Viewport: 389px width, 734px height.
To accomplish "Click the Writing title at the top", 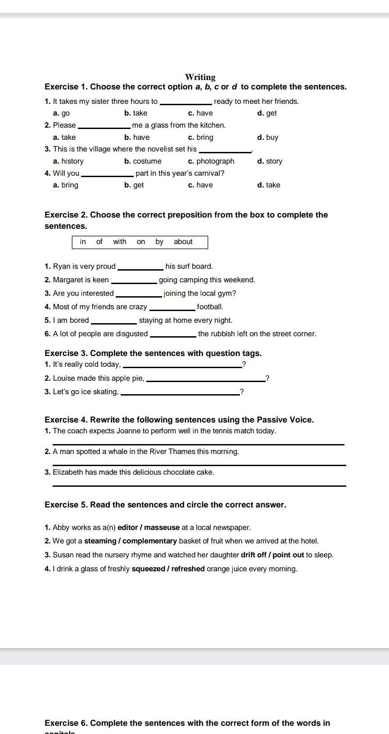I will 200,77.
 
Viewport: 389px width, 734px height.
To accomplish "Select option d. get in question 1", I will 267,113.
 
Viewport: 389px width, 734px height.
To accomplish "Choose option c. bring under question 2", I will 201,137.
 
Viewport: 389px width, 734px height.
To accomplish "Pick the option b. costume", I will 143,161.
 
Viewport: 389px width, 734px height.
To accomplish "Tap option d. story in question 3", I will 270,161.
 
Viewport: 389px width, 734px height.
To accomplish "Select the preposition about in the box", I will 183,242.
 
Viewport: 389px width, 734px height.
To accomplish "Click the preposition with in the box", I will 120,242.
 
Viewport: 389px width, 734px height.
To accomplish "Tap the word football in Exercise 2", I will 210,307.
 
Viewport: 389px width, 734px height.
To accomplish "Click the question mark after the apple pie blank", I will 267,378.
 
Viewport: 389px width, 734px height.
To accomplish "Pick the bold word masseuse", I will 162,527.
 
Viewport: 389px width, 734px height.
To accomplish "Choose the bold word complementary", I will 149,541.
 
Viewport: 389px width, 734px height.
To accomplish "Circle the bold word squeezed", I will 148,569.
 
